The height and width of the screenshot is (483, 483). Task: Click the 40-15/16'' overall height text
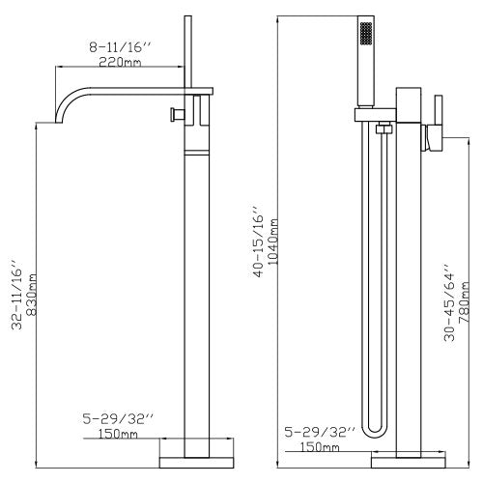coord(257,241)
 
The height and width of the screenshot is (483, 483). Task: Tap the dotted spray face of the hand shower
coord(364,34)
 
